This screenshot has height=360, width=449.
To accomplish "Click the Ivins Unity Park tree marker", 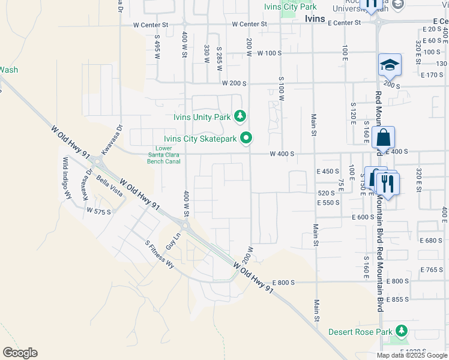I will pos(240,115).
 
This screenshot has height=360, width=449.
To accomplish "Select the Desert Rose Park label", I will pos(360,332).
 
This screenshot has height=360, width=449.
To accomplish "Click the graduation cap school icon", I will pos(389,65).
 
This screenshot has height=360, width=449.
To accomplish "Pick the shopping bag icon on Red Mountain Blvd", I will pos(383,137).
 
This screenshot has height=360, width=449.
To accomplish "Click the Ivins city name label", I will pos(315,19).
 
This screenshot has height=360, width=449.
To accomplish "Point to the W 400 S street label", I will pos(282,154).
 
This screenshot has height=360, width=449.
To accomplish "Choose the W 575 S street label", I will pos(98,211).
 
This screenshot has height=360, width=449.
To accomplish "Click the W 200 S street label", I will pos(234,83).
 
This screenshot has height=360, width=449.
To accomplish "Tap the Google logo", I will pos(20,353).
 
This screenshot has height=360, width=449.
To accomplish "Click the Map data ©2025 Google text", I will pos(411,355).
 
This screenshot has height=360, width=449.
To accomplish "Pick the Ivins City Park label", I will pos(290,7).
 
